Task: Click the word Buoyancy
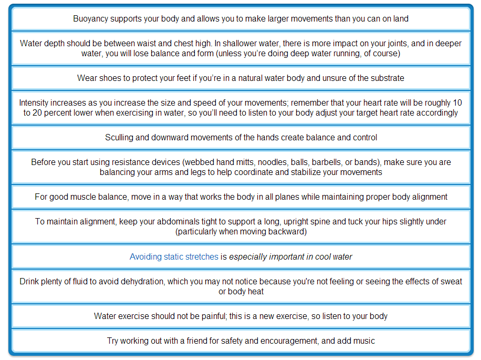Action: [x=90, y=19]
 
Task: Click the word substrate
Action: [x=386, y=78]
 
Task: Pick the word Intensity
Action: [x=35, y=103]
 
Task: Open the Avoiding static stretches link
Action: [x=174, y=257]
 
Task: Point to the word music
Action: [x=364, y=341]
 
